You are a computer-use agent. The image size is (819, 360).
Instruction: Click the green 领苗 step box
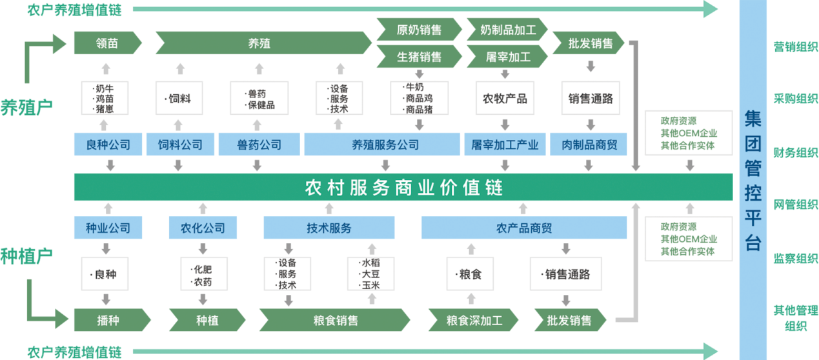tap(107, 44)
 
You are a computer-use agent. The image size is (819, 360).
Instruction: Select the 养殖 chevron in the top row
tap(261, 44)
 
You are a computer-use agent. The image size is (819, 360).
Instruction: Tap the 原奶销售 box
tap(419, 30)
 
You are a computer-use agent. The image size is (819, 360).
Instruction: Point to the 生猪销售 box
tap(419, 57)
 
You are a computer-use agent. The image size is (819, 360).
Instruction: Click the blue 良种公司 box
tap(108, 145)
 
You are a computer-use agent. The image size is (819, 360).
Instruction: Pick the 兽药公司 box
tap(259, 145)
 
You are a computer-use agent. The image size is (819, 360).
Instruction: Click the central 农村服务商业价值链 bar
tap(403, 188)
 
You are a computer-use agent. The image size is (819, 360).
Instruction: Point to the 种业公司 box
tap(108, 228)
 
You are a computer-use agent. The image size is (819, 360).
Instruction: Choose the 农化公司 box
tap(203, 228)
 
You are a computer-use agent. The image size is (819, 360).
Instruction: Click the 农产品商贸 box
tap(523, 228)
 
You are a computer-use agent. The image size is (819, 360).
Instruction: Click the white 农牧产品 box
tap(505, 99)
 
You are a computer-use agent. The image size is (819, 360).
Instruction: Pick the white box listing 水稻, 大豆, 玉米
tap(370, 274)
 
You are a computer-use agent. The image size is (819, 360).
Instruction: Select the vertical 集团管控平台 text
tap(753, 181)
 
